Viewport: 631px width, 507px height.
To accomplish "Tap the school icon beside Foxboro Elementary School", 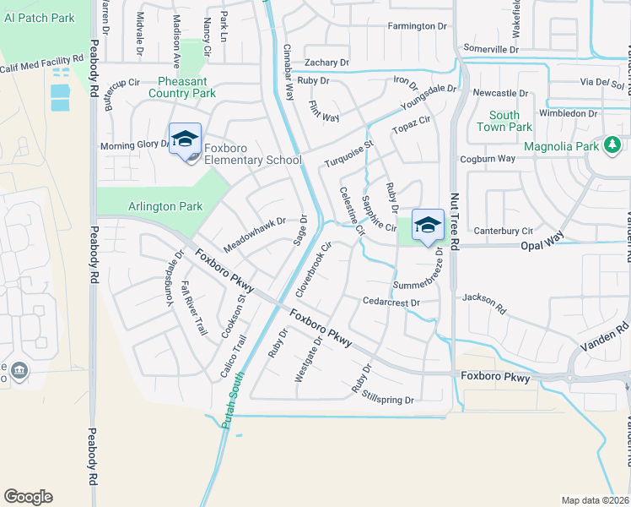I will click(185, 139).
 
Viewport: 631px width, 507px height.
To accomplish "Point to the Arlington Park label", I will click(164, 206).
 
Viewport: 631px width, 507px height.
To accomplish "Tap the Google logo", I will click(28, 497).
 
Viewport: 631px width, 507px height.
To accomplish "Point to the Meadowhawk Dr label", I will click(255, 234).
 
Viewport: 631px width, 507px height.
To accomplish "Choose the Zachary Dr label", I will click(326, 63).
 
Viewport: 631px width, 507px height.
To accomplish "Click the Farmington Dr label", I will click(417, 26).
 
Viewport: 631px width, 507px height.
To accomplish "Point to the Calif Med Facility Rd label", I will click(42, 64).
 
